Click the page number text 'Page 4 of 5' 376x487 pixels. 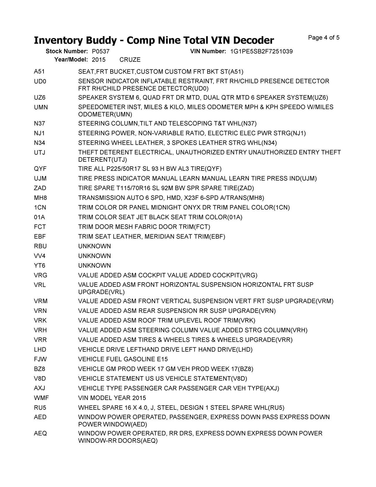tap(323, 38)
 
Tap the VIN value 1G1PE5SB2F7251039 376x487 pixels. tap(261, 51)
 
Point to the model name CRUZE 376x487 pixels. tap(130, 60)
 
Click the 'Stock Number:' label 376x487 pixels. tap(67, 51)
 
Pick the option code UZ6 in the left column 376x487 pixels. tap(40, 98)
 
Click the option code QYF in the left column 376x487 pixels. tap(40, 169)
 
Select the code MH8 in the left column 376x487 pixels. tap(40, 198)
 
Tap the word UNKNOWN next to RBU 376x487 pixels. tap(94, 246)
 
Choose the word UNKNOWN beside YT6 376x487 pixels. tap(94, 266)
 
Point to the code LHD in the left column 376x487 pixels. tap(40, 350)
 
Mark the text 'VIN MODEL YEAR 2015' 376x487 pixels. tap(112, 398)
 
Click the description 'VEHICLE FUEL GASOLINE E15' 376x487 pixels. tap(123, 359)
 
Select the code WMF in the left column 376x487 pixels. tap(41, 398)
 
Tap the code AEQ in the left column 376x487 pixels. tap(40, 433)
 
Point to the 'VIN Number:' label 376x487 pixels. tap(208, 51)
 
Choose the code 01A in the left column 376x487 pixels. tap(39, 217)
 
